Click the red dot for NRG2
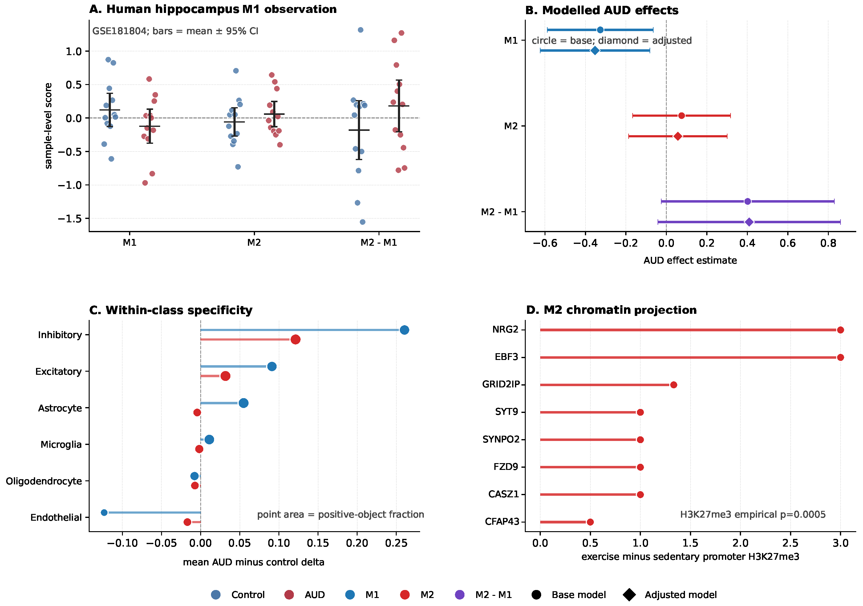click(841, 330)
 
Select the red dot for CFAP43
click(590, 522)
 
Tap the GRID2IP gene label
click(501, 384)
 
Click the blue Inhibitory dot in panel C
click(404, 330)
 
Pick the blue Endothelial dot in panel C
click(104, 512)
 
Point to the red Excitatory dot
click(225, 376)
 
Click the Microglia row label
click(61, 444)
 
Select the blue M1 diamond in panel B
click(595, 50)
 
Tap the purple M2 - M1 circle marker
click(748, 201)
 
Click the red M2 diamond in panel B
click(678, 136)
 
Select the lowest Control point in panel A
click(362, 222)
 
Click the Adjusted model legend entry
click(670, 595)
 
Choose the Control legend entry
click(238, 595)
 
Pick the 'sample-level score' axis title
click(48, 126)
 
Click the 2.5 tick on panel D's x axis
click(790, 543)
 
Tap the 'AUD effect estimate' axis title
click(690, 261)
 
